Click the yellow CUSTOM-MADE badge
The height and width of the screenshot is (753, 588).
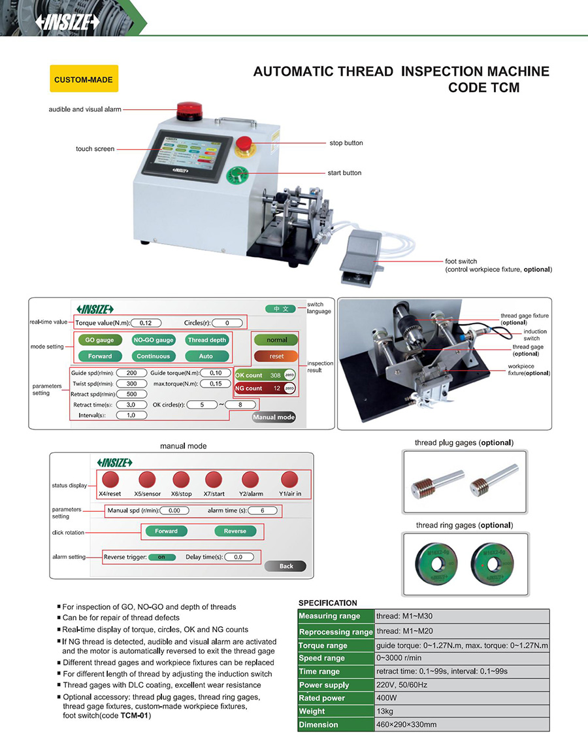coord(84,79)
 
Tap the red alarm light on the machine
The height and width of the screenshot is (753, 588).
coord(189,109)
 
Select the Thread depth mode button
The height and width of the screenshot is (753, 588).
coord(206,340)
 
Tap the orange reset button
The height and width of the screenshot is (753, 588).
coord(276,356)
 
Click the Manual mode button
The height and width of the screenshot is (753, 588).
coord(274,417)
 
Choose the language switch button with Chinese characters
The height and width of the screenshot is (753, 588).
coord(280,309)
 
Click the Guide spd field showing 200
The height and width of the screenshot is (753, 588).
coord(131,373)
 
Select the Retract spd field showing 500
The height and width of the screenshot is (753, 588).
coord(131,394)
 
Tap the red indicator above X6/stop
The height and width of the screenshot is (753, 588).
coord(181,479)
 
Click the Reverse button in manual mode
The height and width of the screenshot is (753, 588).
coord(235,531)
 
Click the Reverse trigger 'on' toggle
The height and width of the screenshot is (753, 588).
coord(161,557)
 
